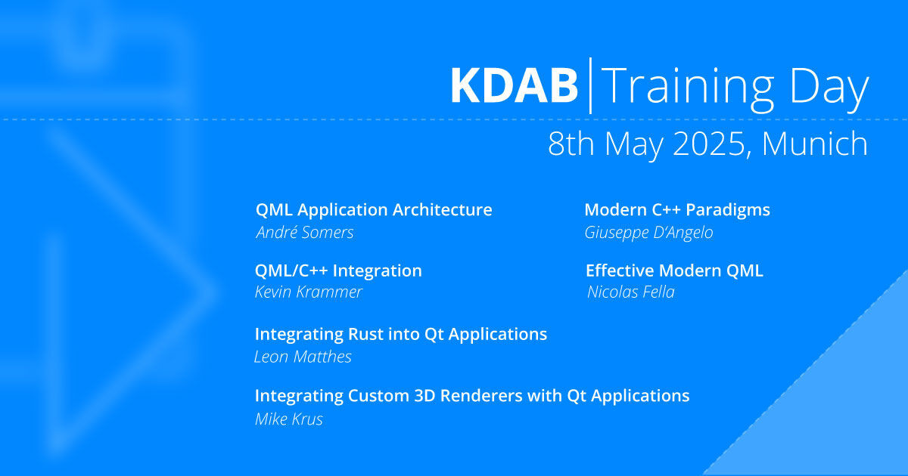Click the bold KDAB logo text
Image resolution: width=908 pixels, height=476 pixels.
514,86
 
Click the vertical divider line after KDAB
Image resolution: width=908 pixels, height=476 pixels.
590,85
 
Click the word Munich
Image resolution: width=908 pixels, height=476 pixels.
815,143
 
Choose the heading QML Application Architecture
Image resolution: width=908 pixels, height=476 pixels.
374,210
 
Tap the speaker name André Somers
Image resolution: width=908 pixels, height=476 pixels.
305,233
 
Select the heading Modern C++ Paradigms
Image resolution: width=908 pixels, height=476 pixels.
677,210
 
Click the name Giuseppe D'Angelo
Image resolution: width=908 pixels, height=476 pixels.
648,233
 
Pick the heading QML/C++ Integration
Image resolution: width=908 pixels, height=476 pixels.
338,270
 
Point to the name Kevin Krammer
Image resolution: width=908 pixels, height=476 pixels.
309,292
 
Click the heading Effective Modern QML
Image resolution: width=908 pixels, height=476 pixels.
674,270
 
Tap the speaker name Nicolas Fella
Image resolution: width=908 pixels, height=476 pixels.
631,292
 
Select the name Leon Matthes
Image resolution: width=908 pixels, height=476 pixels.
303,357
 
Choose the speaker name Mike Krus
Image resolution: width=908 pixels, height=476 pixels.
289,419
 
